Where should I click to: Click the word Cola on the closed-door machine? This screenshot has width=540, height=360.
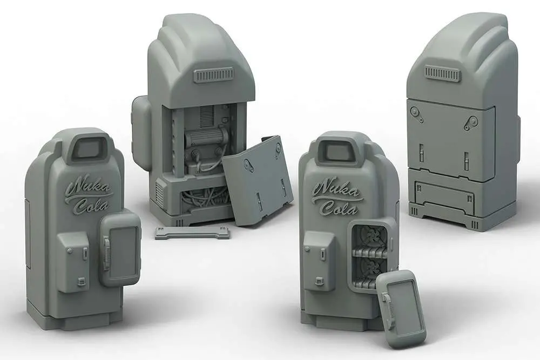point(92,206)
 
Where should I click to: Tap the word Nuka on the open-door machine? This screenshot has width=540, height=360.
point(337,191)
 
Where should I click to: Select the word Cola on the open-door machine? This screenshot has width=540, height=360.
point(340,208)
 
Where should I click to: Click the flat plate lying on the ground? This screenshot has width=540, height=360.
point(193,232)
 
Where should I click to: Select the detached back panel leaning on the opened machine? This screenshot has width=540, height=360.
point(258,180)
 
